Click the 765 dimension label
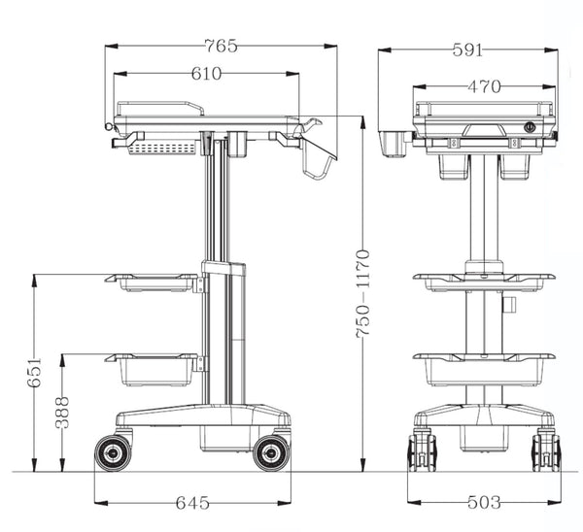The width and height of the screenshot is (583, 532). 221,46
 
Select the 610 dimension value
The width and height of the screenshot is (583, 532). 206,73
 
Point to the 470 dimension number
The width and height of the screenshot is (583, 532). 484,86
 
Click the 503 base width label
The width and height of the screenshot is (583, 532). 483,502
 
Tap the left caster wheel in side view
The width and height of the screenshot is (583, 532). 113,451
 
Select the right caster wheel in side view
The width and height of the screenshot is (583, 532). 271,451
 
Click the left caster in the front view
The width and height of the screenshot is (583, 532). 422,450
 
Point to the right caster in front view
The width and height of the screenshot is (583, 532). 546,450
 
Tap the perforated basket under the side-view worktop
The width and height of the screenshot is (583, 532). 162,149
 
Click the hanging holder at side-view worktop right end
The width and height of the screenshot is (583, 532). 316,155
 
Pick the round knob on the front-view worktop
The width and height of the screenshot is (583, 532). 530,126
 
